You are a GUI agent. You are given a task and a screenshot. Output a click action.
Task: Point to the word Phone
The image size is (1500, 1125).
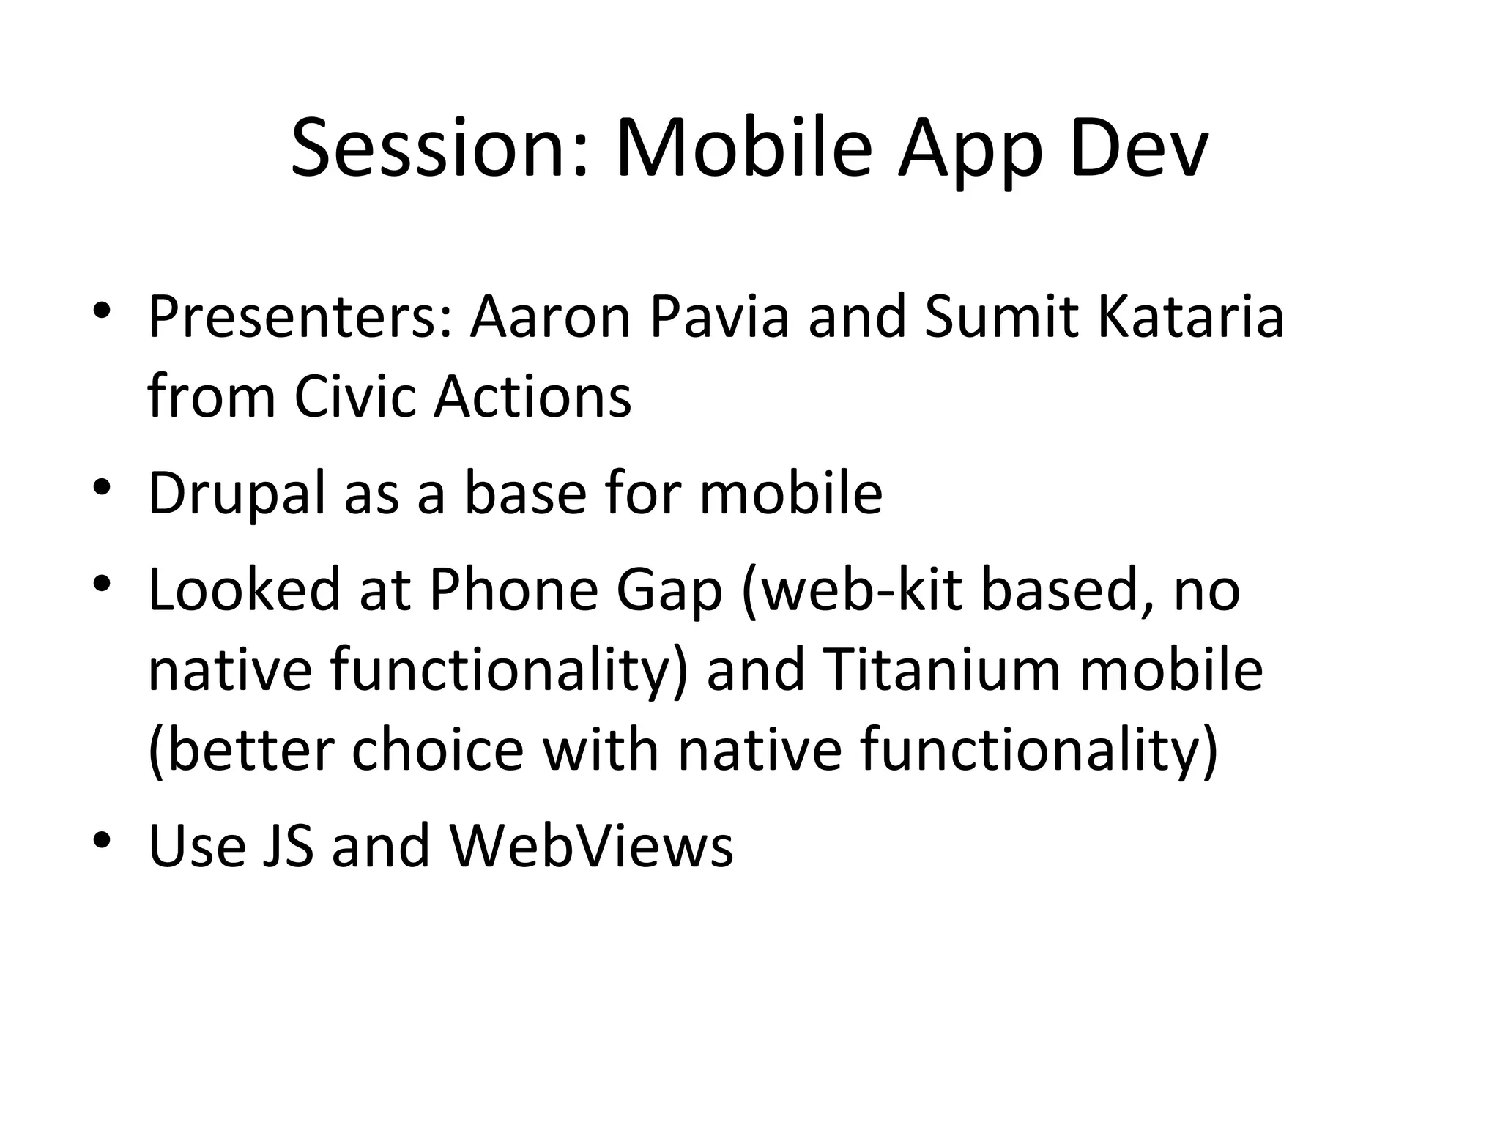[x=513, y=590]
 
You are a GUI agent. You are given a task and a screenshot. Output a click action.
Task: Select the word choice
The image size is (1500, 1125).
[x=437, y=750]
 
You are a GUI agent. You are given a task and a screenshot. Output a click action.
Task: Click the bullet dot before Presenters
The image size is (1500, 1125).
[x=102, y=308]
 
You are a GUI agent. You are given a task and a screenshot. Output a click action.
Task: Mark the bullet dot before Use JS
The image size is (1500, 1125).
[x=102, y=837]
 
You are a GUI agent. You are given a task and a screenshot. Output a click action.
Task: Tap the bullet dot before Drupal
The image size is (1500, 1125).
[x=102, y=486]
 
